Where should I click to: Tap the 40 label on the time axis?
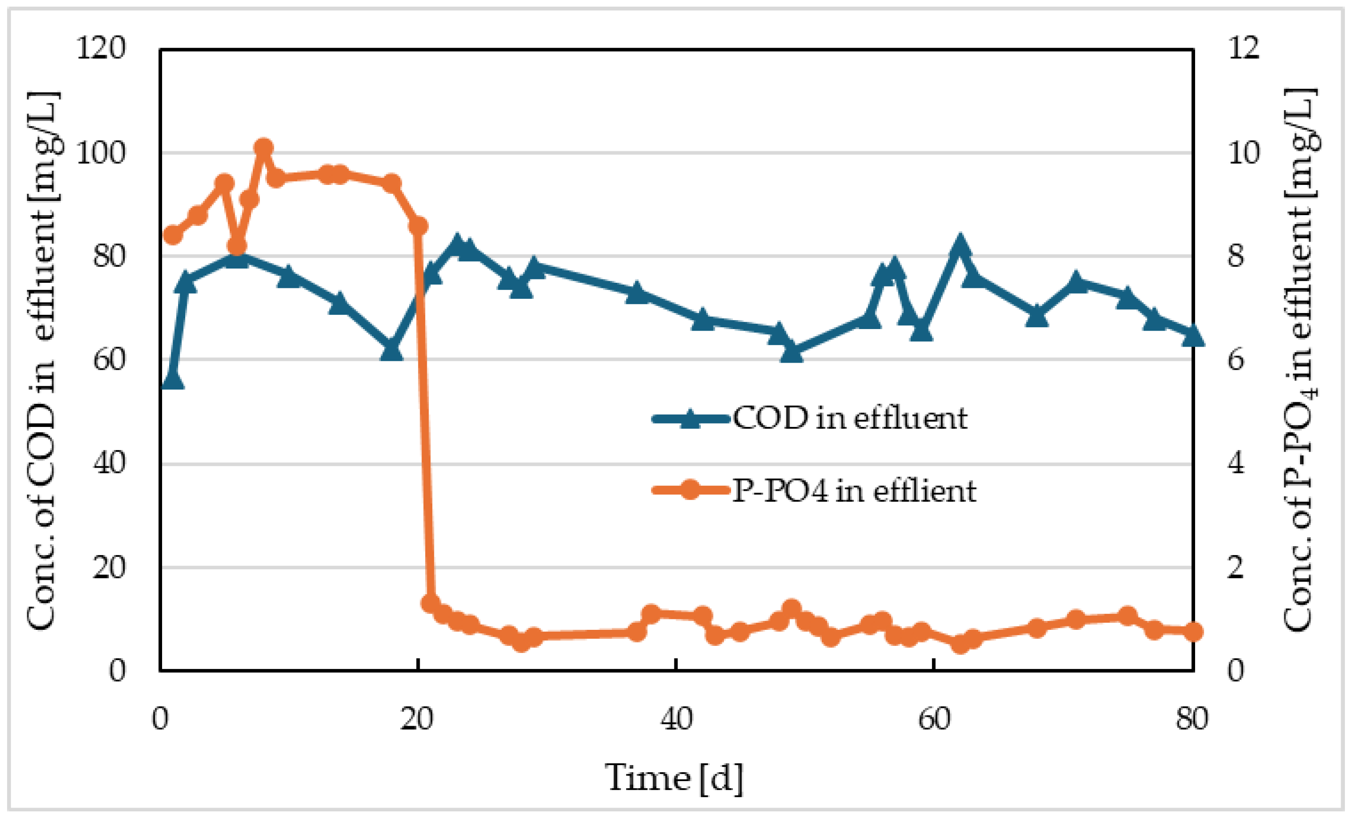pos(676,718)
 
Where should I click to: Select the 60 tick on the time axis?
pos(934,718)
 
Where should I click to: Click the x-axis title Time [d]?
pos(674,778)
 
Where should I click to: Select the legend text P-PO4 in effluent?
pos(854,490)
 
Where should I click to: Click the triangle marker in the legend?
pos(691,419)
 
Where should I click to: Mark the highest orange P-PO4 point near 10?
pos(264,148)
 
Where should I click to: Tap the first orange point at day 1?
pos(173,235)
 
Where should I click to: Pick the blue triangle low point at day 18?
pos(392,350)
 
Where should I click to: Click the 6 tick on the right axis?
pos(1236,360)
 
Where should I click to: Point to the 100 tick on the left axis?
pos(100,153)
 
